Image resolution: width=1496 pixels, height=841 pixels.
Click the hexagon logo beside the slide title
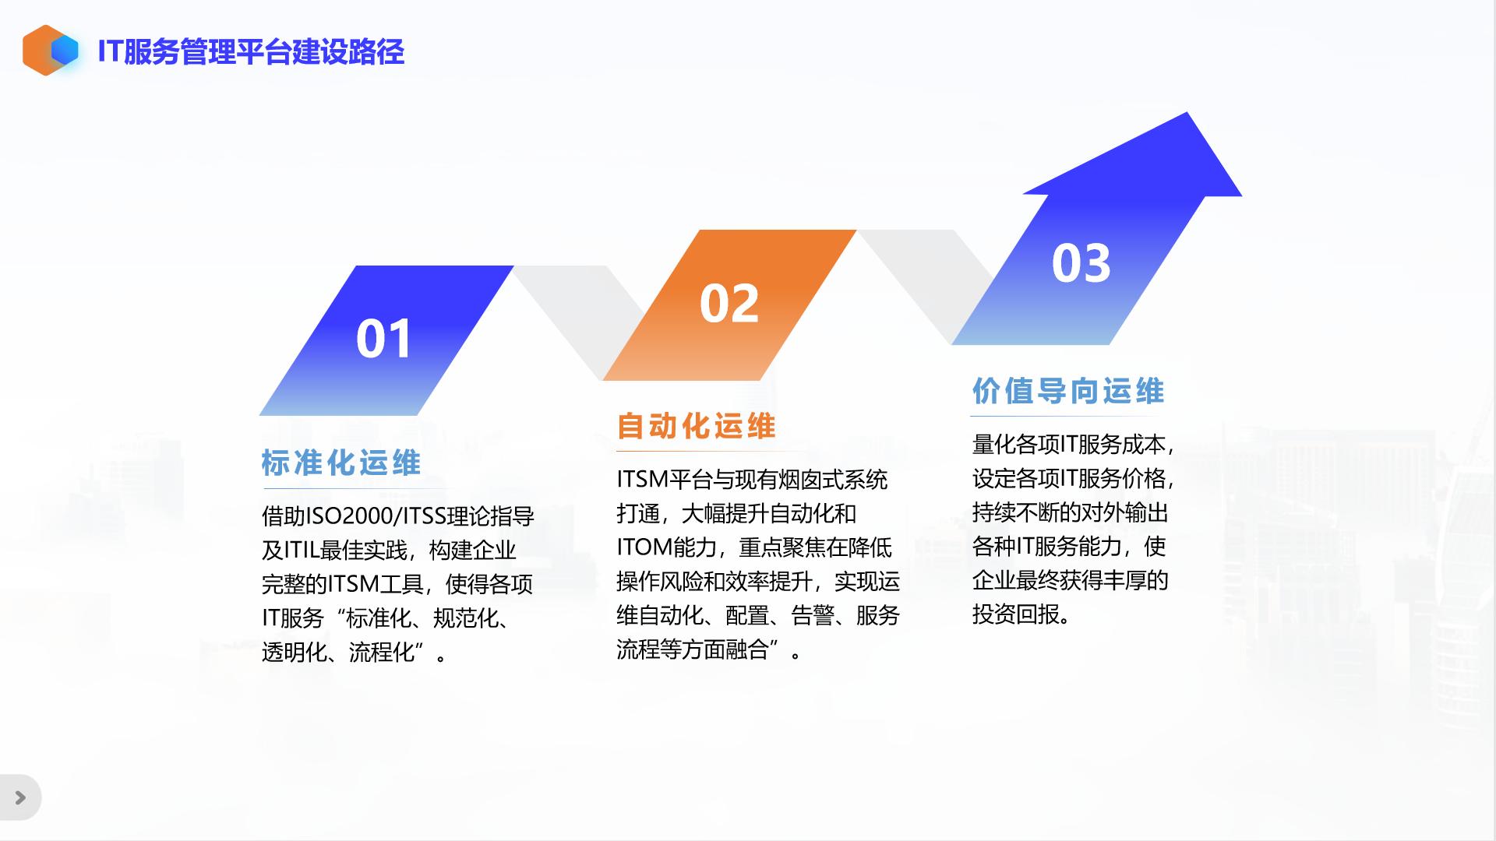pos(51,51)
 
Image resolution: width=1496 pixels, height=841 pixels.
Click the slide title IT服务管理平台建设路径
pos(251,52)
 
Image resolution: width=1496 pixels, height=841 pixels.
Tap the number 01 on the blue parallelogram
pos(384,340)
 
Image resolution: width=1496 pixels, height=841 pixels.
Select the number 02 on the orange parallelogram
pos(729,304)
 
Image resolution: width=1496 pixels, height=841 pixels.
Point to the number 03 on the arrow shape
pos(1081,263)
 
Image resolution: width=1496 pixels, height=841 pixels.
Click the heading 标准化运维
pos(341,463)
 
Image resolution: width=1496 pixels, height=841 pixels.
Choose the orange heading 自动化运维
pos(697,427)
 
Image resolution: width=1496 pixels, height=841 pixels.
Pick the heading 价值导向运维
pos(1068,391)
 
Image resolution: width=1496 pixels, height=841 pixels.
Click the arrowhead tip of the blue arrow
pos(1187,113)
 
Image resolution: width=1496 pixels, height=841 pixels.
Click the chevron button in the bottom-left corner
pos(20,797)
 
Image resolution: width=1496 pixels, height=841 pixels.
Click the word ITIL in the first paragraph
pos(301,551)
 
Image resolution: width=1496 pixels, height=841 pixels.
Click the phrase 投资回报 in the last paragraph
pos(1015,614)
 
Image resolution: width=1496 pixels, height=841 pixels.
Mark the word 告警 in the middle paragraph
pos(813,616)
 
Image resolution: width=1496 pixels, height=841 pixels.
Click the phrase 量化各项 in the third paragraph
pos(1015,445)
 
